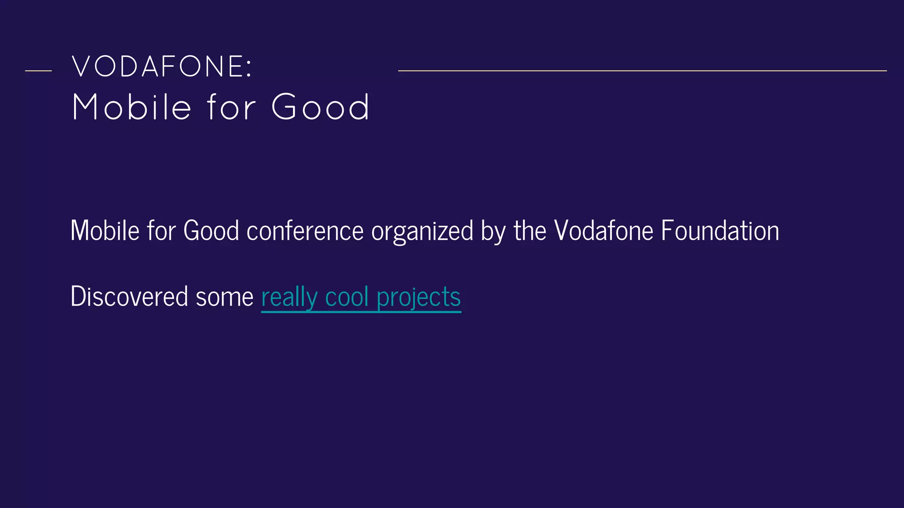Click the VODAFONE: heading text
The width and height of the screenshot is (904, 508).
(x=162, y=67)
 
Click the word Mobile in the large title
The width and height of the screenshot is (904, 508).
(x=132, y=107)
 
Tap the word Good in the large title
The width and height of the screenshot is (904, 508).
(x=320, y=107)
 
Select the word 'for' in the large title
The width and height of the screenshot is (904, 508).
(x=231, y=107)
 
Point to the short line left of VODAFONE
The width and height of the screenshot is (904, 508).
(x=38, y=71)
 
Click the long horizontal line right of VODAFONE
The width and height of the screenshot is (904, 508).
(x=642, y=71)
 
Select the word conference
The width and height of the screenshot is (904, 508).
(x=305, y=231)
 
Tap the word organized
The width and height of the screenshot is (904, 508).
(x=422, y=232)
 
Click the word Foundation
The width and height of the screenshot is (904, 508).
(x=720, y=231)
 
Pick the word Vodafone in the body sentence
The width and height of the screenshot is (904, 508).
(x=603, y=231)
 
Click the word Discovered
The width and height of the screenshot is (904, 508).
(x=129, y=296)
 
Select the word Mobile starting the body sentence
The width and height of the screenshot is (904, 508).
(x=105, y=231)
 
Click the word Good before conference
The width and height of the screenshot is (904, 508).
(x=211, y=231)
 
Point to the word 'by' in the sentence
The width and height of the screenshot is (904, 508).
(x=493, y=232)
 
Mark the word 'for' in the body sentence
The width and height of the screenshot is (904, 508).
(x=161, y=231)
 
